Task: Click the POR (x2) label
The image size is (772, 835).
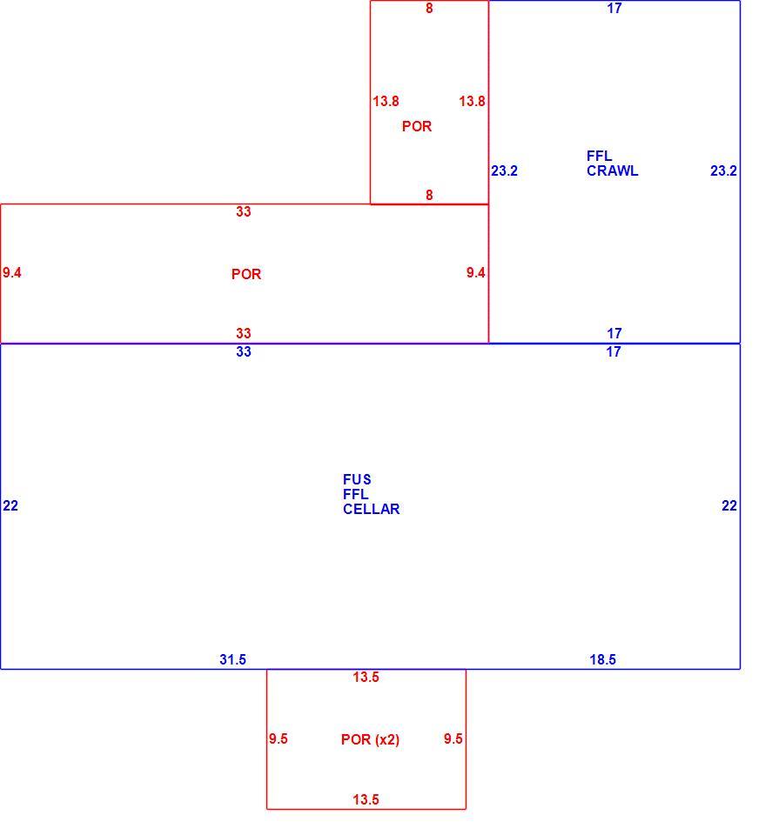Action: [370, 739]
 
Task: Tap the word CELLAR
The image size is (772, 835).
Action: [372, 509]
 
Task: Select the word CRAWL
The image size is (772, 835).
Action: [612, 171]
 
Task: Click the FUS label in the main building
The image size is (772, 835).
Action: [357, 479]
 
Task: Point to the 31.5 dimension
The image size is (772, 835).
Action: [233, 660]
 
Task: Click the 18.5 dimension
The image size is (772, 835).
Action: [602, 660]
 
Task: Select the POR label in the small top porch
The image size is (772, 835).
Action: [417, 126]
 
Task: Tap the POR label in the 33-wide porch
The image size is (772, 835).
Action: [246, 274]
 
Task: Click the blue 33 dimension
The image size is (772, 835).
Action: [244, 351]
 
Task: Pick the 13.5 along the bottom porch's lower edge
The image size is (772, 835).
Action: [366, 799]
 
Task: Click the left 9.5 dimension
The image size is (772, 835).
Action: [279, 738]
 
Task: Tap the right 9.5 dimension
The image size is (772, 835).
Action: [453, 738]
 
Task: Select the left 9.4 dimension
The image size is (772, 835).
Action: [11, 272]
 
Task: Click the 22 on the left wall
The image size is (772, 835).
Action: [10, 505]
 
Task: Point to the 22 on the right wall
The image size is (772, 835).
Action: [729, 505]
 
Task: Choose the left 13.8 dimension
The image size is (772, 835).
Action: [386, 101]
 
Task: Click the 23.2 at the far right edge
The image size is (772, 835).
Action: [723, 171]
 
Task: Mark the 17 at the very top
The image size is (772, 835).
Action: [614, 8]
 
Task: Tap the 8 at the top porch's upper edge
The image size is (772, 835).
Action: [429, 8]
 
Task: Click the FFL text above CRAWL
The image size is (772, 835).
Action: [599, 156]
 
